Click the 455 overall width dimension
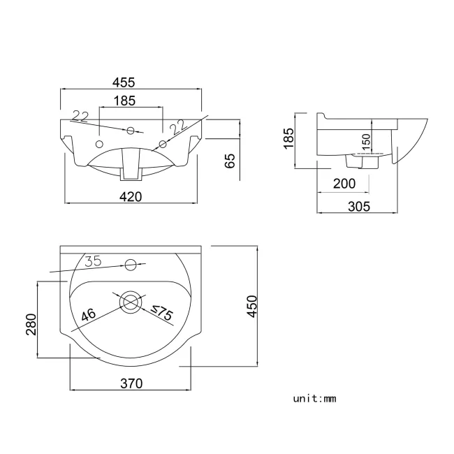click(131, 82)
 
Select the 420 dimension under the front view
click(131, 196)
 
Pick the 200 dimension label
click(344, 184)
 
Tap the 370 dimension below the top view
click(131, 383)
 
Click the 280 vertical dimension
click(30, 323)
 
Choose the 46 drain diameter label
click(89, 315)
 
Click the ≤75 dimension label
click(162, 314)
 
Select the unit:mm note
click(314, 399)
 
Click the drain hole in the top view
click(130, 302)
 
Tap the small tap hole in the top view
click(130, 264)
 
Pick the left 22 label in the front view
click(80, 116)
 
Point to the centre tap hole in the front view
click(131, 130)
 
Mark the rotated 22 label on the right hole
click(179, 126)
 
